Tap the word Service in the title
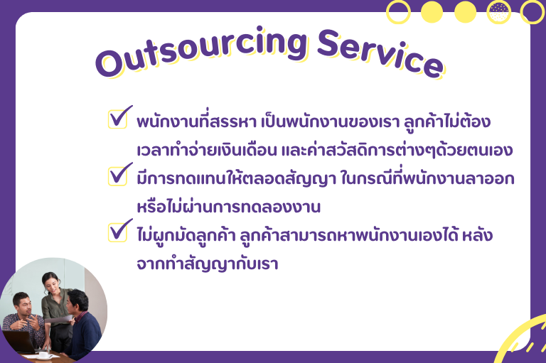pyautogui.click(x=380, y=53)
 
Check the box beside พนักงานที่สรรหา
pyautogui.click(x=117, y=119)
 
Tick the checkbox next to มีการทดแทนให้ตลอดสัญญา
pyautogui.click(x=117, y=176)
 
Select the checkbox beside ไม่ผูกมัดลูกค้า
pyautogui.click(x=117, y=232)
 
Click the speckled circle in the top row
pyautogui.click(x=498, y=12)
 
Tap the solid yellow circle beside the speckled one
pyautogui.click(x=465, y=12)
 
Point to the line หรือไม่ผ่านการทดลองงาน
pyautogui.click(x=228, y=207)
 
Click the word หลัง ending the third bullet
pyautogui.click(x=477, y=235)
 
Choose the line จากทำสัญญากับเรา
pyautogui.click(x=208, y=264)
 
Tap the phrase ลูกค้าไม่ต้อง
pyautogui.click(x=447, y=121)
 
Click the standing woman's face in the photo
pyautogui.click(x=52, y=283)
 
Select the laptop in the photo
pyautogui.click(x=19, y=342)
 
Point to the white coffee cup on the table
pyautogui.click(x=43, y=354)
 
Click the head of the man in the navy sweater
pyautogui.click(x=77, y=301)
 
